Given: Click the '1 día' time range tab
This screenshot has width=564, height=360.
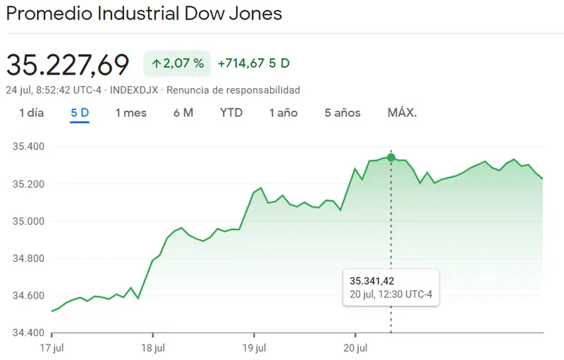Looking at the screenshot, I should click(x=32, y=113).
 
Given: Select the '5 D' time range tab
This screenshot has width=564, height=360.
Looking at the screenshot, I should click(x=80, y=113).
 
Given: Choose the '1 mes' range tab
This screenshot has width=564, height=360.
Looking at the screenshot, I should click(x=131, y=113).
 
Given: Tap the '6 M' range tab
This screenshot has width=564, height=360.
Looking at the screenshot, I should click(x=183, y=113).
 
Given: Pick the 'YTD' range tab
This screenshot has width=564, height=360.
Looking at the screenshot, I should click(x=231, y=113).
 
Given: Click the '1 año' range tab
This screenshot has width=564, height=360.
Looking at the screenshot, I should click(x=283, y=113).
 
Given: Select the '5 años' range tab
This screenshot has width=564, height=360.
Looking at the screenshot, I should click(x=343, y=113).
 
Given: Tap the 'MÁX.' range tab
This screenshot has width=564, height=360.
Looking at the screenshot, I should click(x=402, y=113).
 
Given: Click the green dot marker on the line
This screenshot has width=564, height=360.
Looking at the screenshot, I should click(x=391, y=157).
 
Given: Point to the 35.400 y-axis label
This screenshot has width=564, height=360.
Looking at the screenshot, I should click(x=29, y=147).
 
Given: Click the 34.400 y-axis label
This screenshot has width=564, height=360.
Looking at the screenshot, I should click(x=29, y=333).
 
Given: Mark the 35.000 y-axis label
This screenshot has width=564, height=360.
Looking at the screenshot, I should click(x=29, y=221).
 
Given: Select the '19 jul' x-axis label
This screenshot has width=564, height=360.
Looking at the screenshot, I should click(x=254, y=347).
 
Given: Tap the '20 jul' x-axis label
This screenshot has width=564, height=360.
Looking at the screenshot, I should click(x=355, y=347).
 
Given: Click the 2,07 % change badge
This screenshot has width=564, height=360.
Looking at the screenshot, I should click(x=178, y=63).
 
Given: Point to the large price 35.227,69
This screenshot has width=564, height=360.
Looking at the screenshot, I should click(x=68, y=65).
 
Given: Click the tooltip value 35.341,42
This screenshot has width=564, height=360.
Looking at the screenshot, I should click(x=372, y=282).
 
